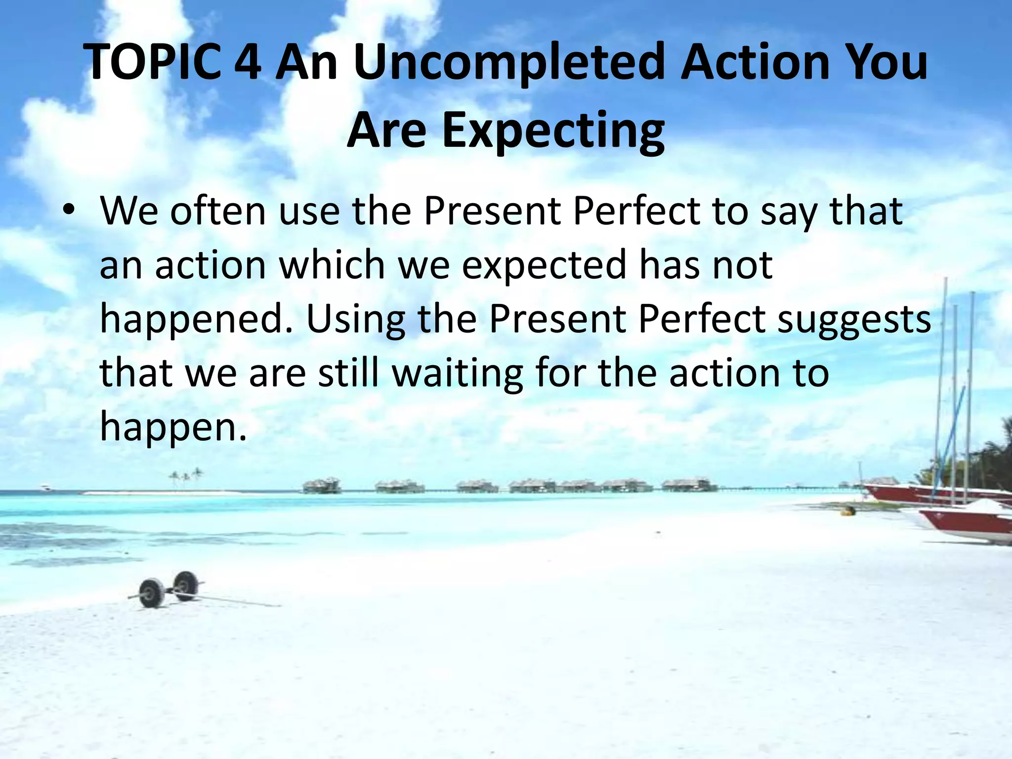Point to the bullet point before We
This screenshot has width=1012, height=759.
point(69,211)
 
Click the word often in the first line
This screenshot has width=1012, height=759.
point(218,211)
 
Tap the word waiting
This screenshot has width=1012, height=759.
point(458,374)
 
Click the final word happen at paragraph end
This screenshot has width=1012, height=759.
point(172,428)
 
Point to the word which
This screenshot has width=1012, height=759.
point(332,265)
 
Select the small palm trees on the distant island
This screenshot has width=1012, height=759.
point(185,476)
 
